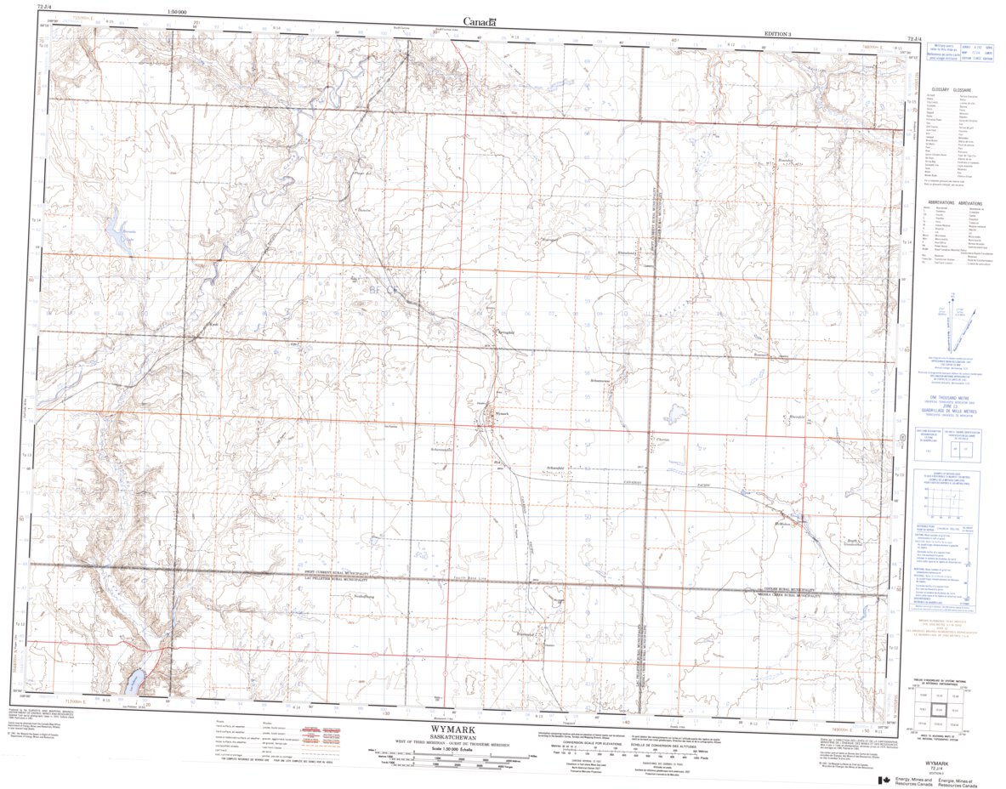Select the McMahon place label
[783, 523]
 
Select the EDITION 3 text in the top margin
[777, 33]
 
